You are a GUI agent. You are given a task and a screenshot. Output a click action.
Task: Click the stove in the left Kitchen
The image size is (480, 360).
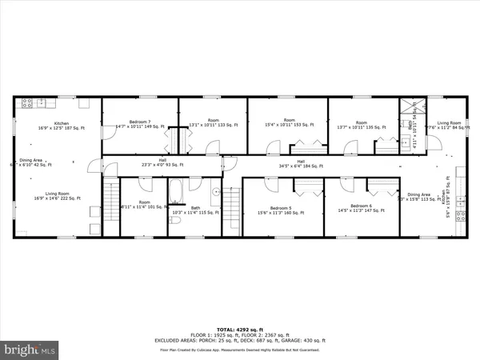(26, 103)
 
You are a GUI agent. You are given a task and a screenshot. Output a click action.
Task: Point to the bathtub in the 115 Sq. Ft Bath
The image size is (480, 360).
(176, 193)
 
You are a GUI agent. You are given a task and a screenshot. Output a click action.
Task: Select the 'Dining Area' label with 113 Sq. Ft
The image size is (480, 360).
(419, 194)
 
